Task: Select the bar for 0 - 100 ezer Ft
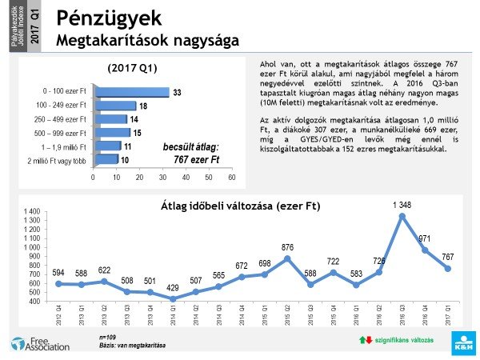tap(131, 92)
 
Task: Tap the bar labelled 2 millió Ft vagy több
tap(106, 159)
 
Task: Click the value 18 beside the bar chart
tap(142, 106)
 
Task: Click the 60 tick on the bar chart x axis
tap(232, 177)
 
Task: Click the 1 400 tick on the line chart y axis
tap(32, 210)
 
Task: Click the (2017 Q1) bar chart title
tap(132, 68)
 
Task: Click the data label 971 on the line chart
tap(424, 238)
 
